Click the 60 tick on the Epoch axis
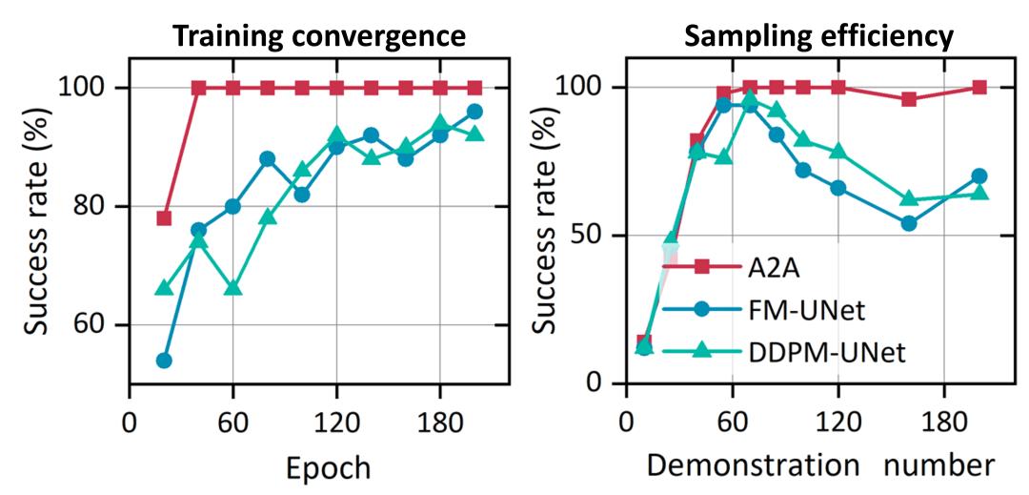pos(232,421)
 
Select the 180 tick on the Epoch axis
pos(440,421)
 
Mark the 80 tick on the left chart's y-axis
pos(99,206)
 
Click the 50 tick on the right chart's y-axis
pos(595,236)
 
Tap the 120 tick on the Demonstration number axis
pos(837,421)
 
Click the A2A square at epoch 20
pos(164,218)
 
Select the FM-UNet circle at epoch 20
pos(164,361)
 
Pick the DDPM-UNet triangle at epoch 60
pos(232,288)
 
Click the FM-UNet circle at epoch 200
pos(474,112)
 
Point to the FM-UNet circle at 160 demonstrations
pos(909,223)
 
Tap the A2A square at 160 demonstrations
pos(909,99)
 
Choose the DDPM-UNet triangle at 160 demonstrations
pos(909,198)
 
